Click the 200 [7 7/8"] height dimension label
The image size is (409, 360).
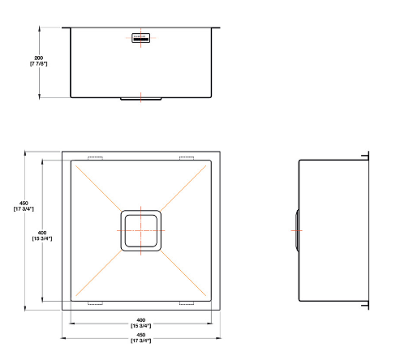coord(38,61)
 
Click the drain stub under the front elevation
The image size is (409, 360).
coord(141,99)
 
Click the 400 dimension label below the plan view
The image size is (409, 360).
coord(141,322)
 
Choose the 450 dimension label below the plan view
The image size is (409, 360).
coord(141,336)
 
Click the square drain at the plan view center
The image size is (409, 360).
coord(141,229)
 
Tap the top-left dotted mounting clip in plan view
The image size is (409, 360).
coord(95,157)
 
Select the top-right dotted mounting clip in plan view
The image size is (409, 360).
coord(187,157)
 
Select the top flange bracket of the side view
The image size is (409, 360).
coord(366,155)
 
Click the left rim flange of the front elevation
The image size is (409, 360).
coord(67,28)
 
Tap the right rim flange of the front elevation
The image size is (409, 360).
coord(217,28)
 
